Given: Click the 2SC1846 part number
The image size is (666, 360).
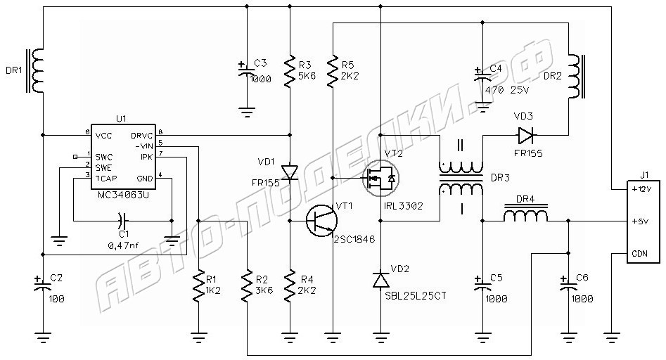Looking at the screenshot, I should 355,238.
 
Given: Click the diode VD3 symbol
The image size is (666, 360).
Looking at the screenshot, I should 525,134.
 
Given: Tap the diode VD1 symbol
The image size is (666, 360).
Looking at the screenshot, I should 289,172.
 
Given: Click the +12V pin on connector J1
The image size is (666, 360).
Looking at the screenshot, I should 642,189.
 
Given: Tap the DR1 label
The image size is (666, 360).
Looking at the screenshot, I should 14,70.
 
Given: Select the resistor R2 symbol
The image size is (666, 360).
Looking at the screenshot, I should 247,285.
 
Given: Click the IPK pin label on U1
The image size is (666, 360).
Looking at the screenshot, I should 146,156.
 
